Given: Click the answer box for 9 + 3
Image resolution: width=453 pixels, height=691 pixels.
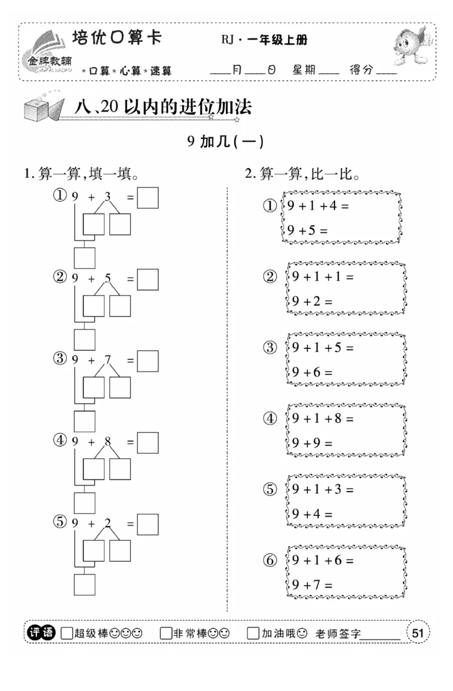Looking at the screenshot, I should (x=148, y=198).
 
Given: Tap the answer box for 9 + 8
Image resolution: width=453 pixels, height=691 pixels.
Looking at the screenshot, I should (x=148, y=443).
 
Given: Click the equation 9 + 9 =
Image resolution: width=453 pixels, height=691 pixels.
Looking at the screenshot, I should (x=312, y=443).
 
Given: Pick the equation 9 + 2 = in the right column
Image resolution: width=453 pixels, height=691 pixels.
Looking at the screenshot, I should (x=312, y=301).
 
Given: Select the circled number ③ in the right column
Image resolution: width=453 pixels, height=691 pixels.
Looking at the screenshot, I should (x=271, y=347).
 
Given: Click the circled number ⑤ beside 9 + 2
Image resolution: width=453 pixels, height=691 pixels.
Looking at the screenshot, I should (x=60, y=522).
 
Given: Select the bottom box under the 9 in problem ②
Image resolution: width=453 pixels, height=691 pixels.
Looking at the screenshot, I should (x=85, y=339).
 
